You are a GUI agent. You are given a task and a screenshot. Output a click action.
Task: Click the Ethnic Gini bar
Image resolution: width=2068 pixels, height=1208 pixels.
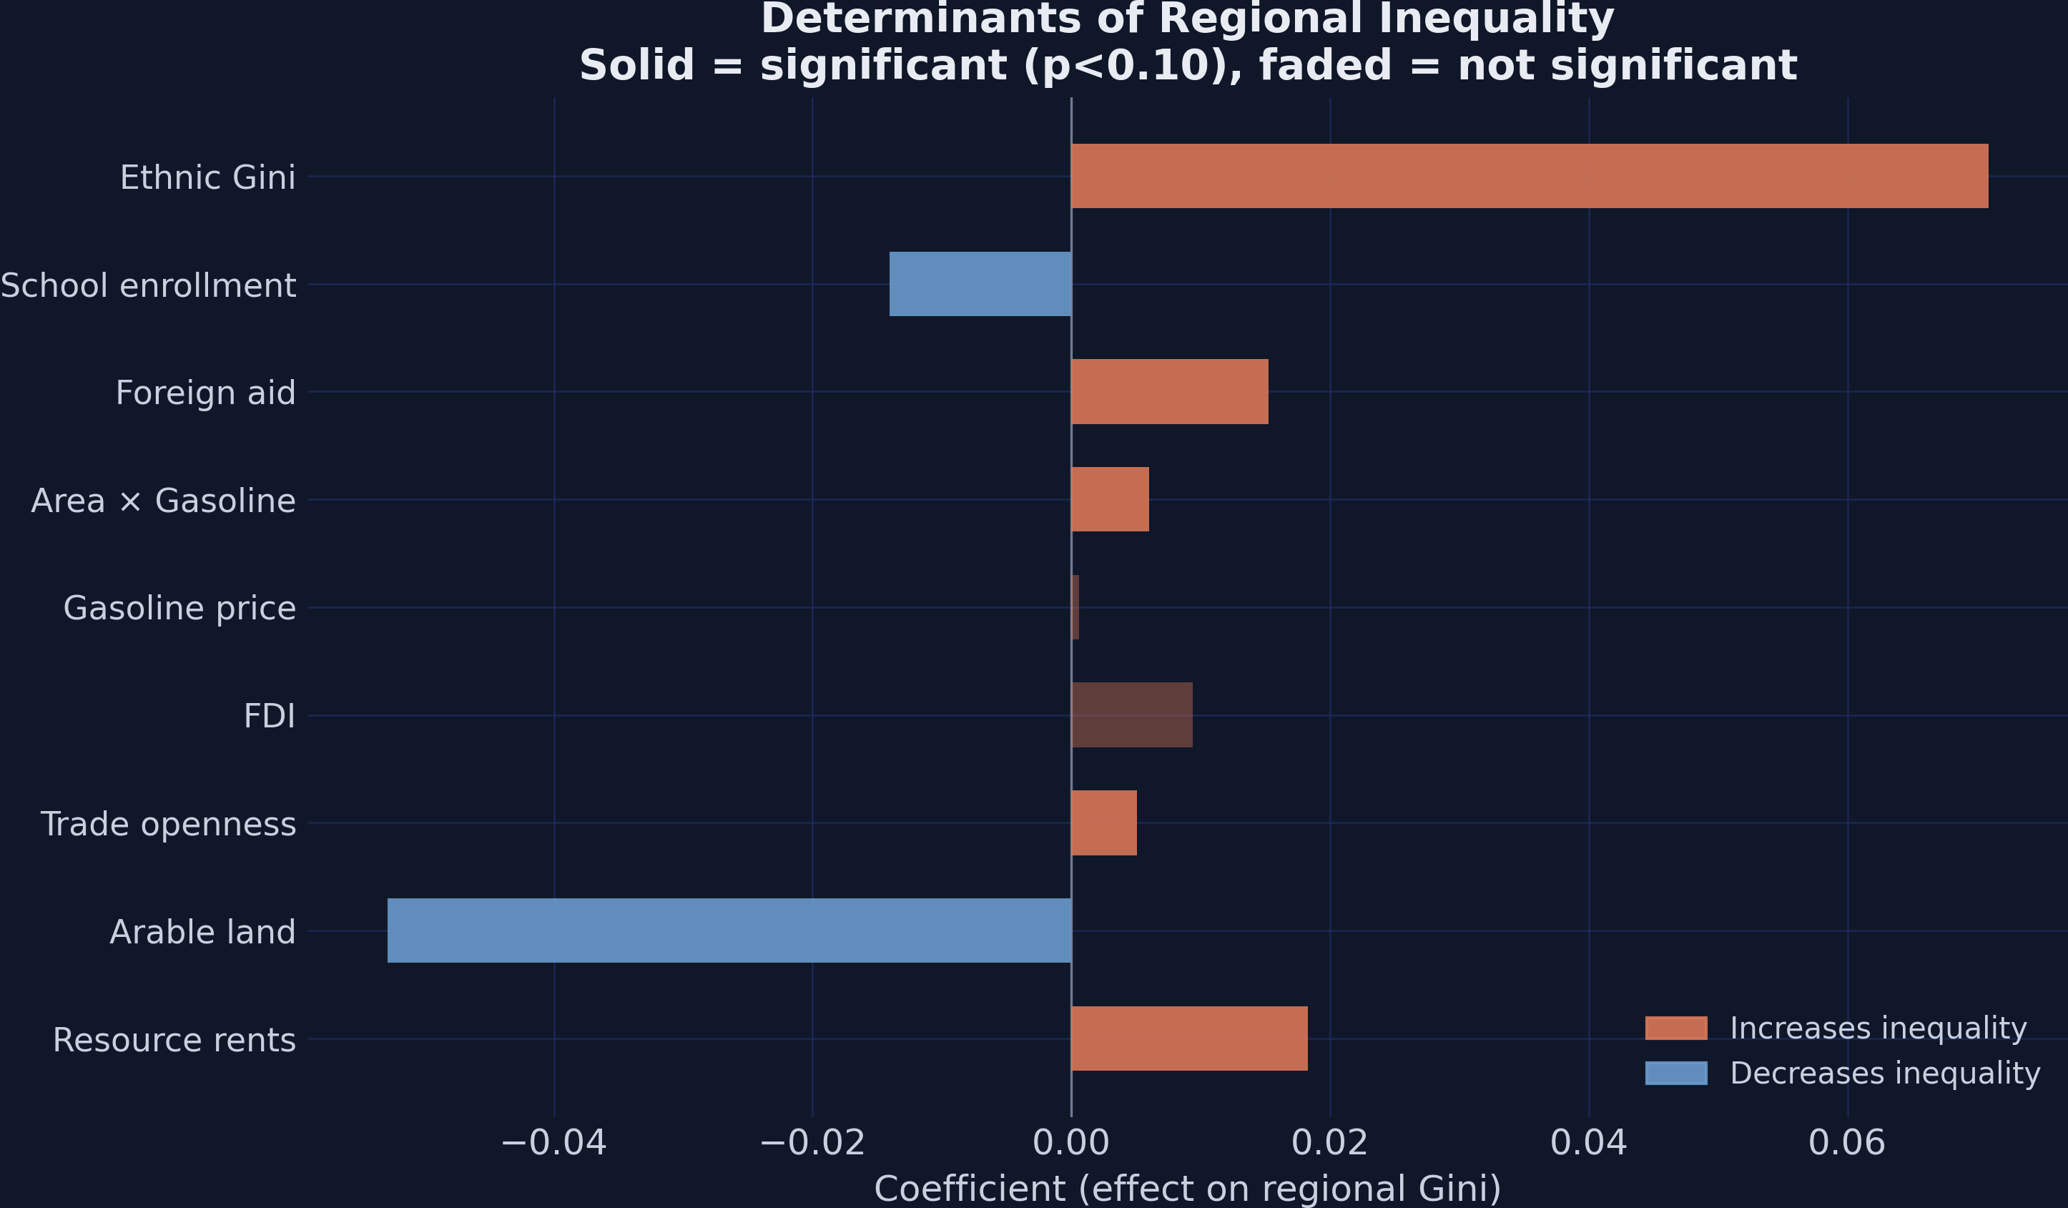(1529, 177)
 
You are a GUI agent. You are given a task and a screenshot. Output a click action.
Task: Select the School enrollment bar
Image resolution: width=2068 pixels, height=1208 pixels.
(980, 284)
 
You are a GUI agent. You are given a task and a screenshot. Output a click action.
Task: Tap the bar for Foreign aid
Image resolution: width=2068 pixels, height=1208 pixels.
(1169, 391)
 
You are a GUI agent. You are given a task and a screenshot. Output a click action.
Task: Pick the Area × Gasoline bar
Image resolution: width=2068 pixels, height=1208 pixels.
(1110, 499)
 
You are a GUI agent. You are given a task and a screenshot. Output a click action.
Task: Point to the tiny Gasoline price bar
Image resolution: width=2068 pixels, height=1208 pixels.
(1075, 607)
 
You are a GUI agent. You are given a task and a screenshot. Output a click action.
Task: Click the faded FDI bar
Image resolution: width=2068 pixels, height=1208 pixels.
(1132, 715)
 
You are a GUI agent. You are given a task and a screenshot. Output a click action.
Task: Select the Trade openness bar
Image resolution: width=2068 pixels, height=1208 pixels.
(1104, 823)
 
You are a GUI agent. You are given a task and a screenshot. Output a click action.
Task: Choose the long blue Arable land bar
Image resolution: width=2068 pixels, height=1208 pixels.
(729, 930)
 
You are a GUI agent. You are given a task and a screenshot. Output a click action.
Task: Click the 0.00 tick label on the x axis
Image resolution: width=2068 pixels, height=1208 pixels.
(1071, 1142)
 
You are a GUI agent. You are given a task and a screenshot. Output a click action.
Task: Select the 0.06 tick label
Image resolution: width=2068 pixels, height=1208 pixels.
(1847, 1142)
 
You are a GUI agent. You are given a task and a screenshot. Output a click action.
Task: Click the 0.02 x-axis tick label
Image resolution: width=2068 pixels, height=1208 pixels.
(1329, 1142)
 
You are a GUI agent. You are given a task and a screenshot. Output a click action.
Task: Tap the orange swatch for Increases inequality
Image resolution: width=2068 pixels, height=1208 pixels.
(1675, 1028)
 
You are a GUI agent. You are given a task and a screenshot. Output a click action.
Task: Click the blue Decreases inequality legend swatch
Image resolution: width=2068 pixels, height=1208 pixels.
(1675, 1074)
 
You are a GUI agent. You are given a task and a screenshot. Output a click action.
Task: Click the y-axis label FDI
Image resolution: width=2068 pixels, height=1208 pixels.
(269, 717)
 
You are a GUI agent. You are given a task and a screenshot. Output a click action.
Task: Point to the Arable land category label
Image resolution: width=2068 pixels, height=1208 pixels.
(202, 932)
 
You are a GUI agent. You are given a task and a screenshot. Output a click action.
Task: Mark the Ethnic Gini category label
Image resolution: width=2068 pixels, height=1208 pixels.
(207, 178)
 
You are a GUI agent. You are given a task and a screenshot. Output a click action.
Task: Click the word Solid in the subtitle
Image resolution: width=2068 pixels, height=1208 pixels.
(637, 66)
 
